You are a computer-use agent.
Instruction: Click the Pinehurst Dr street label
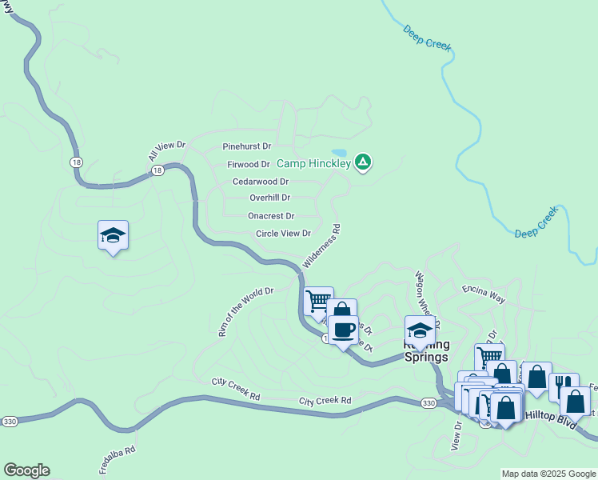click(247, 147)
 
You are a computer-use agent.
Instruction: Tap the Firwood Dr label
click(249, 165)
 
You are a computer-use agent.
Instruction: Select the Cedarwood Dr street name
click(261, 182)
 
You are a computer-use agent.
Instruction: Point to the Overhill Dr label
click(269, 198)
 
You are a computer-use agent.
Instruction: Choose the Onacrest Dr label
click(271, 216)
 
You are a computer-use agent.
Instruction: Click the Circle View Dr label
click(283, 234)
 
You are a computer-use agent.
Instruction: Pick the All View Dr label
click(166, 150)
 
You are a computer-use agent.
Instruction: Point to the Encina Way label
click(484, 294)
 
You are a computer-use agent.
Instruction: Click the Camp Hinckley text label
click(314, 164)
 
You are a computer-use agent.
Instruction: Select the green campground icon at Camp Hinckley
click(363, 163)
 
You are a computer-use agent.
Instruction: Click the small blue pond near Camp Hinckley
click(339, 153)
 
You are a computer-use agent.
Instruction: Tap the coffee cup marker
click(344, 329)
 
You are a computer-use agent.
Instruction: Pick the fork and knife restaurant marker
click(564, 385)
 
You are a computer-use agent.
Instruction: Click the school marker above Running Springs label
click(421, 330)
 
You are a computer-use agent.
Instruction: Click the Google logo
click(26, 470)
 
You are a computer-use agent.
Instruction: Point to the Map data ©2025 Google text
click(548, 474)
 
